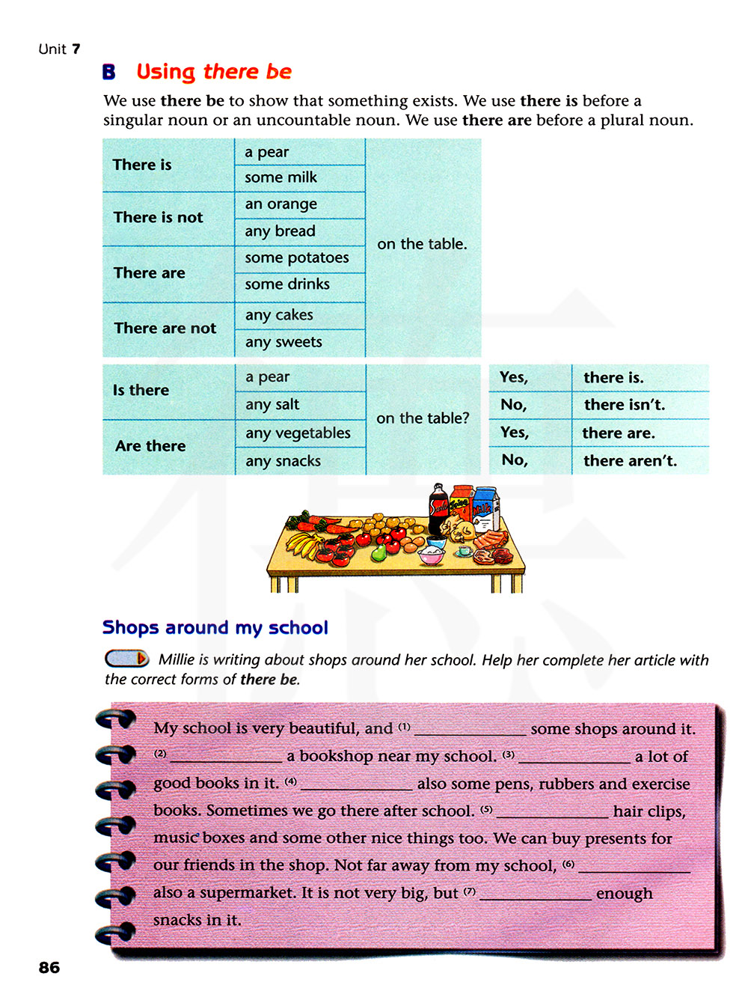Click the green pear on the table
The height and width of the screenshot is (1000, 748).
(x=378, y=552)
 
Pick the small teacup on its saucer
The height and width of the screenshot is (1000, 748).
(x=465, y=551)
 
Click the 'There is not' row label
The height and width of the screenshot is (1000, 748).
(x=158, y=218)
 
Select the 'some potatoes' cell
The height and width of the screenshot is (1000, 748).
(x=296, y=257)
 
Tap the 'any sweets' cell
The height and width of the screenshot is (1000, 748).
(x=283, y=342)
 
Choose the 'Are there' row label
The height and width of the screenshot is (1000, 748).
(x=150, y=446)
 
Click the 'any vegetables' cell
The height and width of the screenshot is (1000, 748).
(x=298, y=433)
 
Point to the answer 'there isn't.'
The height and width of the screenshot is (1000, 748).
(x=624, y=405)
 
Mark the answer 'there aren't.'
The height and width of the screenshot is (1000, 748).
(x=630, y=461)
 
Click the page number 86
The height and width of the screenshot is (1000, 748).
(x=49, y=967)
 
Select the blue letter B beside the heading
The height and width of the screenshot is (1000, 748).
(x=109, y=72)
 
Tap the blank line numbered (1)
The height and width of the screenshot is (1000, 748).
(x=470, y=731)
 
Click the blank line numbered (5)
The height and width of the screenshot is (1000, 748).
(x=552, y=813)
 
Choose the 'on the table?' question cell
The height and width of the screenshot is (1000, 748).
(x=423, y=418)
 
